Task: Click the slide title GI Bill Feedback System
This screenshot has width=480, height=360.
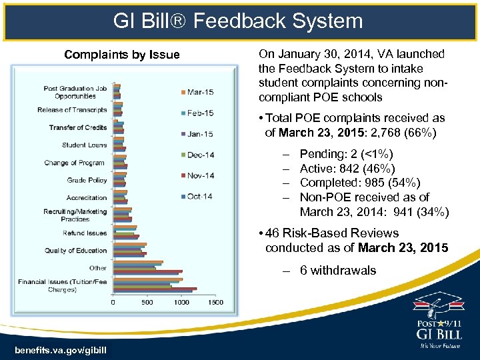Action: (x=239, y=21)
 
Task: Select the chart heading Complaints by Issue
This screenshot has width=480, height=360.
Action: (x=121, y=55)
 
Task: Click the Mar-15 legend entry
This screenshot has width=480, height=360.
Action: (x=201, y=92)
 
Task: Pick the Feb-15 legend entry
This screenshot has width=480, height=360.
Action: (x=200, y=113)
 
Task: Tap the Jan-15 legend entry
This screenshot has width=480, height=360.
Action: (x=200, y=134)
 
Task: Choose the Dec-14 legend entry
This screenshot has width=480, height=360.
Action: (x=200, y=155)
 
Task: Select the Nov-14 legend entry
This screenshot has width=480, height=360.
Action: (x=200, y=175)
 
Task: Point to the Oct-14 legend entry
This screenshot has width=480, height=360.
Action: (x=200, y=196)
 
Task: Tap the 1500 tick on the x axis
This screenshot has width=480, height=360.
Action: (x=215, y=303)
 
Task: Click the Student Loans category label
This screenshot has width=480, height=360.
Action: (x=84, y=145)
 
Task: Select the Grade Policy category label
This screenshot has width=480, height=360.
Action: (x=87, y=180)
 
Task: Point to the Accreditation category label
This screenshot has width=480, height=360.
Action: (x=87, y=198)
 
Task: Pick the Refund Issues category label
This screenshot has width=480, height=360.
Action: (x=85, y=233)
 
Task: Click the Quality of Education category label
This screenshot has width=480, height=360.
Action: (x=76, y=251)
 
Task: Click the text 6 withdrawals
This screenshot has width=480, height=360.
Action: (x=338, y=271)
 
